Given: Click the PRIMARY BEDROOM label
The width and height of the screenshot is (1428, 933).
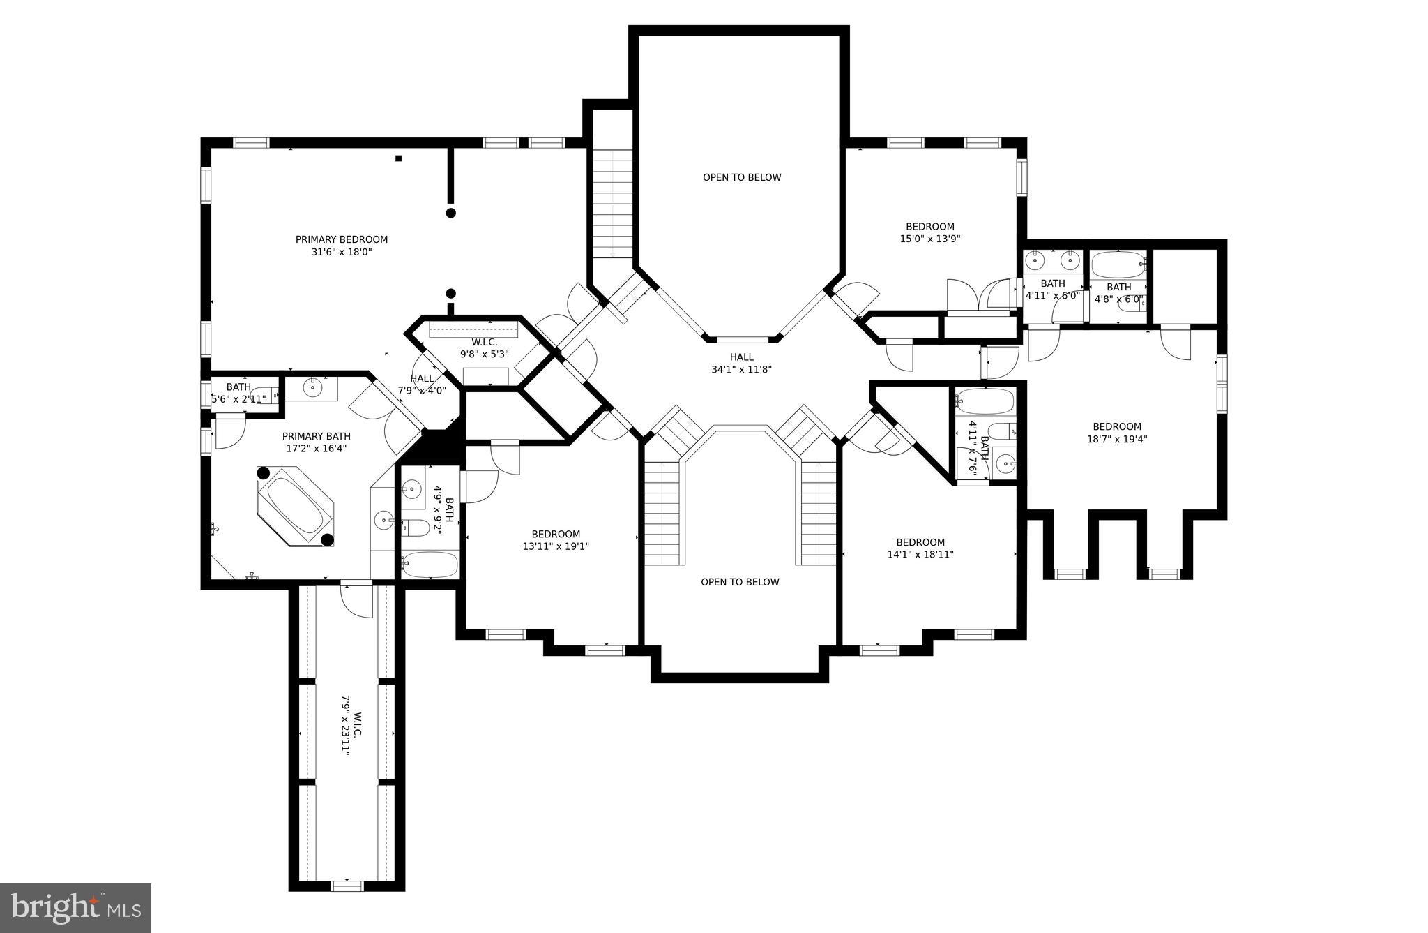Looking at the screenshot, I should point(341,239).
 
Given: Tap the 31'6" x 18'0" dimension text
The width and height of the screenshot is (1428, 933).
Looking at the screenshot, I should point(341,252).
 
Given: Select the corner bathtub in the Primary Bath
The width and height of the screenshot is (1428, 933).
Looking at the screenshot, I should point(296,507).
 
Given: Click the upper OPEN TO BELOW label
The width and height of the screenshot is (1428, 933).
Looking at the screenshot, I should point(741,177).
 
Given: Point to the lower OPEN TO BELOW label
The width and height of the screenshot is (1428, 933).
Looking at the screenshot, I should point(739,582).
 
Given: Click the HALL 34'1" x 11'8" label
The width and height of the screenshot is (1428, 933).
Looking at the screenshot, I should point(741,363).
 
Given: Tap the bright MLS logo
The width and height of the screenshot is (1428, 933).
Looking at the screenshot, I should point(75,908).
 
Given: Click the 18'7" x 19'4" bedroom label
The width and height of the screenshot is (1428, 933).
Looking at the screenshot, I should point(1116,433).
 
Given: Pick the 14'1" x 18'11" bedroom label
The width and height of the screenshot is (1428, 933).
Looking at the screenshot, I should point(920,548).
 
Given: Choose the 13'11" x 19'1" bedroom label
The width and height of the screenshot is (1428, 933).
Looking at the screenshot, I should point(556,540).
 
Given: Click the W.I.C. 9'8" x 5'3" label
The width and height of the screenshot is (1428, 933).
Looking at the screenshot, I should point(484,348).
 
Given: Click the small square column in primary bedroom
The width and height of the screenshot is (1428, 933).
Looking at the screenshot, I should point(399,158).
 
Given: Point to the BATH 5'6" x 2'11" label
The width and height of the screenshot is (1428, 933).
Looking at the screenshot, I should point(238,393).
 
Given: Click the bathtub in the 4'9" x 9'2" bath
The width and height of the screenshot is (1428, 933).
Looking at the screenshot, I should point(430,564).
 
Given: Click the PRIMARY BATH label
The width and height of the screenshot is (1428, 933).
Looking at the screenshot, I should point(316,442).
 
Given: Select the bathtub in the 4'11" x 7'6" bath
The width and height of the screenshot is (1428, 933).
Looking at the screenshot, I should point(985,401).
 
